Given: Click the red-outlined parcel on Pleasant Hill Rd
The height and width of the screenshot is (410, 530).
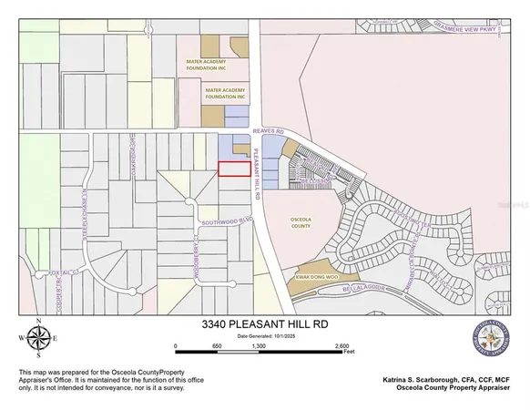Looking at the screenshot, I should click(x=234, y=169).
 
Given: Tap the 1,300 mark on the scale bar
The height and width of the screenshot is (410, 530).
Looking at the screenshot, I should click(x=259, y=346).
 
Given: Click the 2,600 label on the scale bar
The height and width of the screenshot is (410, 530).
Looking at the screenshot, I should click(x=341, y=346).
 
